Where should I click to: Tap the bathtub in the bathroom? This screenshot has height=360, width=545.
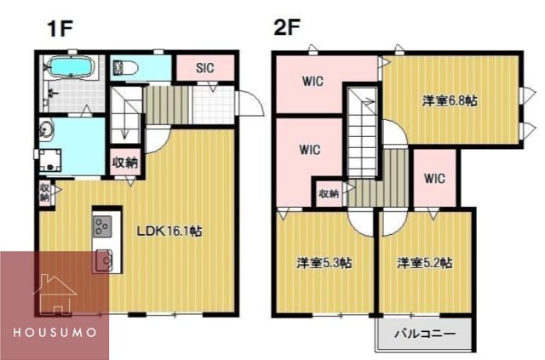[x=72, y=67]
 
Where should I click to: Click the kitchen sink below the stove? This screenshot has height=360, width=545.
[x=104, y=258]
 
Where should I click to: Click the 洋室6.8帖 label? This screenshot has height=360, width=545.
[x=450, y=100]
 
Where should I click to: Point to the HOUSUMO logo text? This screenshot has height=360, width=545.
[x=54, y=330]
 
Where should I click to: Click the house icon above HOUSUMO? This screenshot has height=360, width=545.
[x=54, y=294]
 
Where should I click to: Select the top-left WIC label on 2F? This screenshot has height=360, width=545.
[x=309, y=83]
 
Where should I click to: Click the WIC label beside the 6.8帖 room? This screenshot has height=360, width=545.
[x=435, y=179]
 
